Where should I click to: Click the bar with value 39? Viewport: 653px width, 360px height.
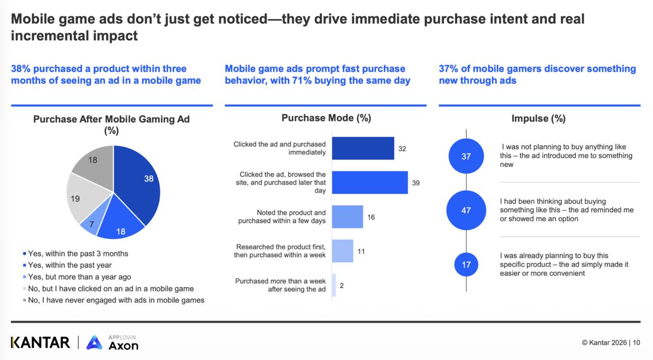click(370, 183)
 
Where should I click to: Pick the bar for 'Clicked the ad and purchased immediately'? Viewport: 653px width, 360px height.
click(363, 148)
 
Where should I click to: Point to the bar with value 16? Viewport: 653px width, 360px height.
click(347, 217)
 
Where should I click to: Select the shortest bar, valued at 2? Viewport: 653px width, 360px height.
click(334, 286)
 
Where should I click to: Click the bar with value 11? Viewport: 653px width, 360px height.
click(342, 251)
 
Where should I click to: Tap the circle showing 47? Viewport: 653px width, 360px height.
click(466, 210)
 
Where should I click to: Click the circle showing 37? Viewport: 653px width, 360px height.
click(466, 157)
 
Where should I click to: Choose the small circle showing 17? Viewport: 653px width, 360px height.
click(466, 265)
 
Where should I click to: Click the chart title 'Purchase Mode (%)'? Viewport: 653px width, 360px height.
click(326, 118)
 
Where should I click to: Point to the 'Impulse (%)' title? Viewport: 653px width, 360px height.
click(538, 119)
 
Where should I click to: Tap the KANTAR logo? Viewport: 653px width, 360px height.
click(40, 342)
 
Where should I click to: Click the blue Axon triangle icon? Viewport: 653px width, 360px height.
click(94, 343)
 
